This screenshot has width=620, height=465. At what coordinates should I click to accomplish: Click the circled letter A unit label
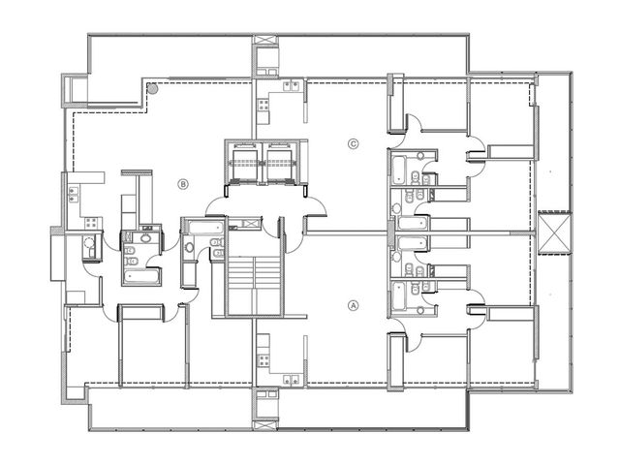tap(353, 305)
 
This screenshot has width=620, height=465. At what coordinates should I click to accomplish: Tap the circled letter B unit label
tap(183, 184)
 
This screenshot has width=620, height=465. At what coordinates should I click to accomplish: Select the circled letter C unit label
tap(353, 144)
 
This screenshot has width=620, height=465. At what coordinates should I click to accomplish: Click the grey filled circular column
tap(153, 89)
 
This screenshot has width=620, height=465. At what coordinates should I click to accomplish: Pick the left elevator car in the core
tap(245, 162)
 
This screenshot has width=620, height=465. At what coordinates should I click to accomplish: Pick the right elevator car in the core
tap(280, 162)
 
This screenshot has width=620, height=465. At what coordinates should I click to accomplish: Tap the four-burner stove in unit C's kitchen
tap(264, 105)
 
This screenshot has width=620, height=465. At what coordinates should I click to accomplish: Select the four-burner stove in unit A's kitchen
tap(264, 360)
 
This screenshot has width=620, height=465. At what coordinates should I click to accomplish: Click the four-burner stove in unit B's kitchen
tap(91, 223)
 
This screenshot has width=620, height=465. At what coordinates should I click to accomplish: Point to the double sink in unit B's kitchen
tap(74, 195)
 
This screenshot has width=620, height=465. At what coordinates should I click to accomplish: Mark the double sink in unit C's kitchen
tap(291, 85)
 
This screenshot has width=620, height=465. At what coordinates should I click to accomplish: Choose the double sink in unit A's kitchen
tap(291, 380)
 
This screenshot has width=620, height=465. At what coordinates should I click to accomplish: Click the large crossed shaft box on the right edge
tap(555, 233)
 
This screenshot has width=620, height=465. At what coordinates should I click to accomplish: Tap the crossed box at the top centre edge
tap(265, 41)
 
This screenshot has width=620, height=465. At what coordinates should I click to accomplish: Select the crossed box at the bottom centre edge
tap(265, 426)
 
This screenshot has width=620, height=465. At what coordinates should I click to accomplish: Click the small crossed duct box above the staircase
tap(250, 223)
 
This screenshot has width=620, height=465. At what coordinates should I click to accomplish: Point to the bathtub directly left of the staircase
tap(206, 228)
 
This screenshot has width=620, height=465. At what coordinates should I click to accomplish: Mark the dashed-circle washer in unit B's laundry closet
tap(89, 242)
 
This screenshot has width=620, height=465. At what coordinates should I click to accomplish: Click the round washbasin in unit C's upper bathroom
tap(419, 155)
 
